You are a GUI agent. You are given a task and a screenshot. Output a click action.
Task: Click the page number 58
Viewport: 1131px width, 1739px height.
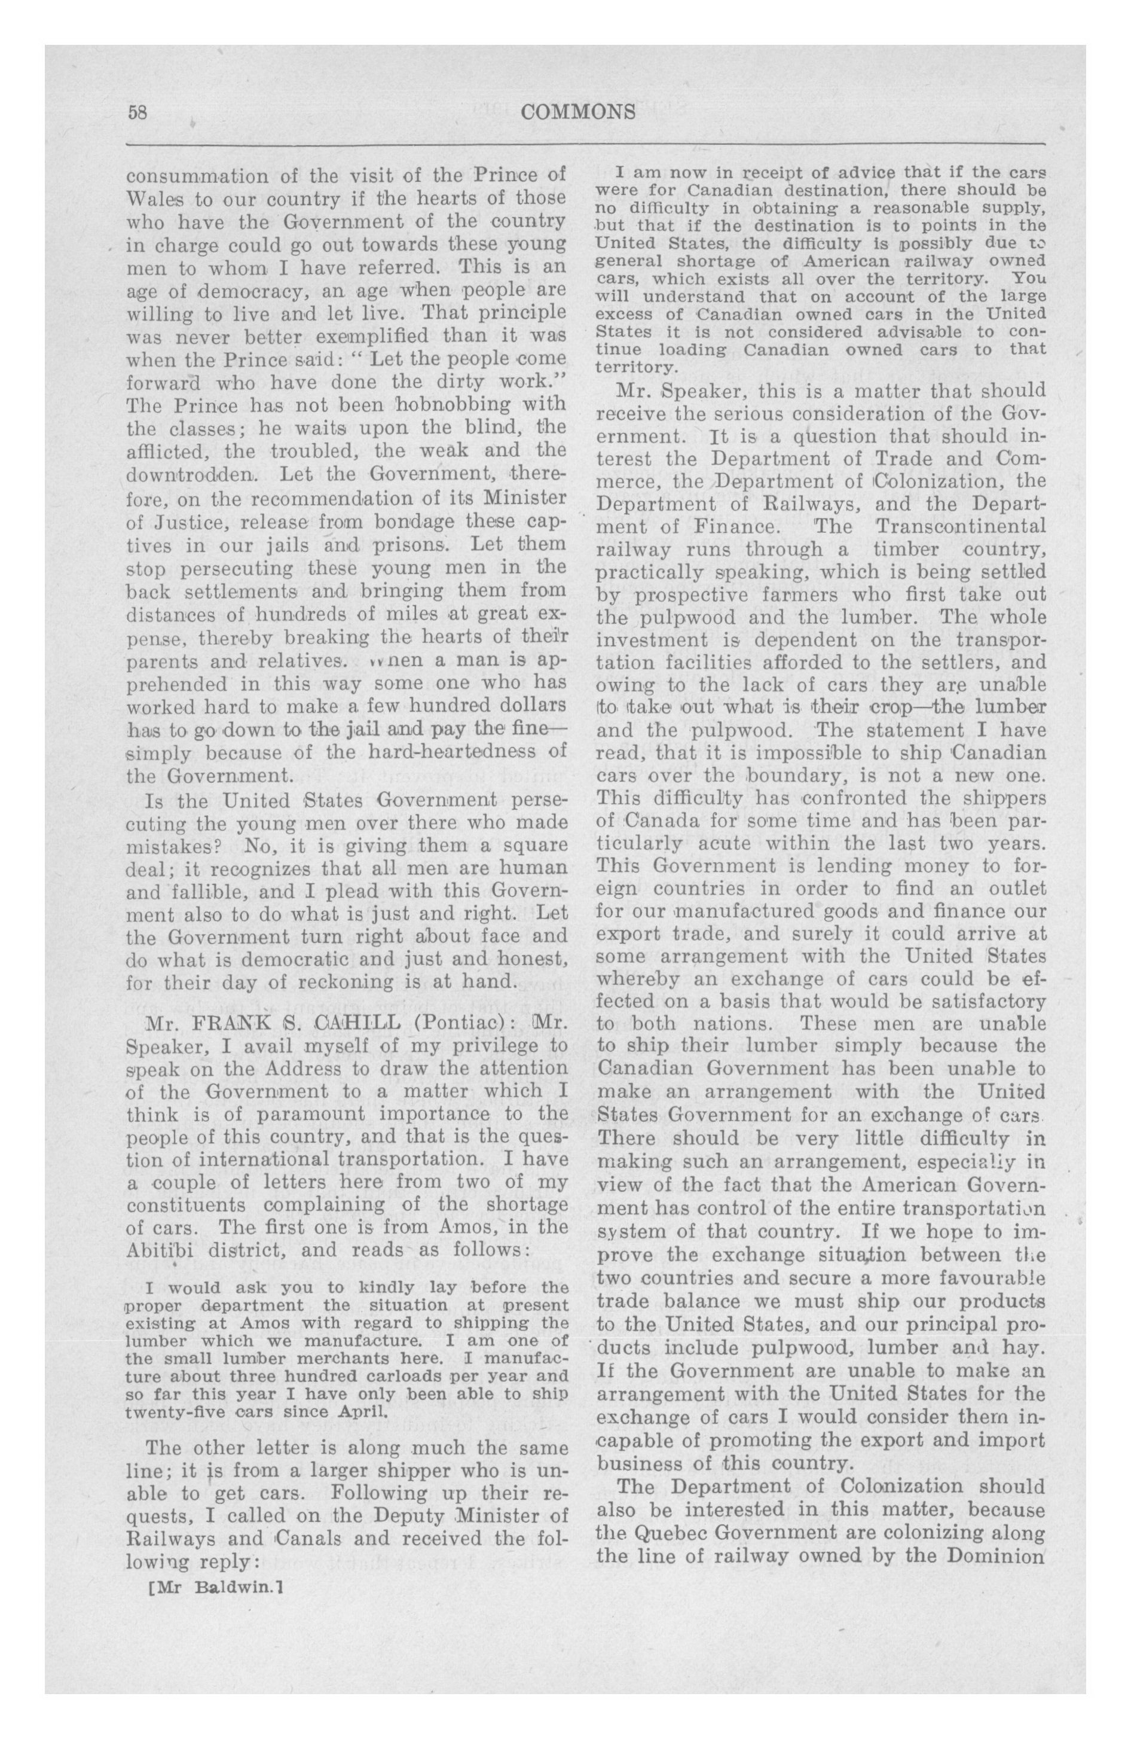138,112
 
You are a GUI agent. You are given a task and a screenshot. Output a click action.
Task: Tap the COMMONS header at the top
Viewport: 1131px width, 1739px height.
579,112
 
